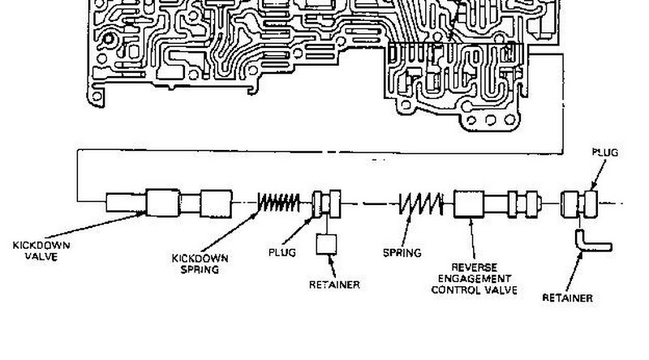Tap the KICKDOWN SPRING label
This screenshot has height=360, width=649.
pyautogui.click(x=200, y=264)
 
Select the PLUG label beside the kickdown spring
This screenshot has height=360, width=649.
pyautogui.click(x=282, y=251)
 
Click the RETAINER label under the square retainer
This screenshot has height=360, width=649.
pyautogui.click(x=334, y=285)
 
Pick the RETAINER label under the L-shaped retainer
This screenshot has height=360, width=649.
pyautogui.click(x=567, y=298)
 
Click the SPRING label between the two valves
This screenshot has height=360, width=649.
pyautogui.click(x=402, y=252)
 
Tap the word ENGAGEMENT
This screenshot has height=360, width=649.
pyautogui.click(x=475, y=277)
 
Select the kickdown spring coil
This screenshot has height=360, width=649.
pyautogui.click(x=280, y=202)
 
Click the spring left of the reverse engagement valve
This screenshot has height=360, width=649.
pyautogui.click(x=421, y=202)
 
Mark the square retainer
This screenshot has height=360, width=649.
pyautogui.click(x=329, y=244)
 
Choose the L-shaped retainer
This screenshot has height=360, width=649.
pyautogui.click(x=591, y=241)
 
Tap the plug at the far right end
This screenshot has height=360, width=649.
pyautogui.click(x=579, y=202)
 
